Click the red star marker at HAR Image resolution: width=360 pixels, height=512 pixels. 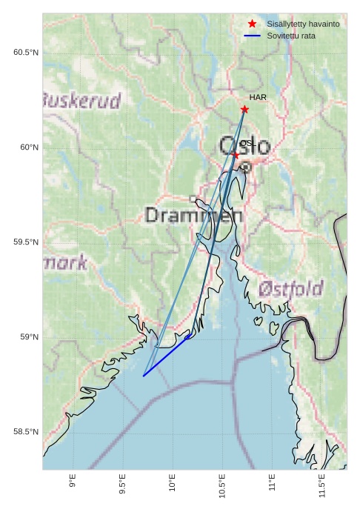(x=244, y=110)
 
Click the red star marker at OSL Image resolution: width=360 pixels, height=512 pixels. (x=236, y=155)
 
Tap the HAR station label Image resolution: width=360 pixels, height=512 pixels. (x=258, y=98)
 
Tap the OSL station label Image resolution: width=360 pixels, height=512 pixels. (x=247, y=142)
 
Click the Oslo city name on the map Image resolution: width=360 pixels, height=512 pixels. (x=244, y=147)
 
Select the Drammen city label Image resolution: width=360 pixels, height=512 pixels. (x=194, y=216)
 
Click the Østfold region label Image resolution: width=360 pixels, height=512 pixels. (x=291, y=287)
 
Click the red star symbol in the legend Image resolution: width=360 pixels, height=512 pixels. (x=252, y=24)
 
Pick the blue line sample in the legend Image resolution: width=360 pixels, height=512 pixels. (x=252, y=36)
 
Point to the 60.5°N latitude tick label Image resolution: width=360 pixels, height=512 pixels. (x=25, y=52)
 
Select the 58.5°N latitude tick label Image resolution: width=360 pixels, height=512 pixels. (x=25, y=432)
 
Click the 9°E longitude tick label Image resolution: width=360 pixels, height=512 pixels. (x=73, y=482)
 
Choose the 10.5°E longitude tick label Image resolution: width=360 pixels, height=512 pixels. (x=222, y=485)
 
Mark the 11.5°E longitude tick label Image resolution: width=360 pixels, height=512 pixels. (x=322, y=485)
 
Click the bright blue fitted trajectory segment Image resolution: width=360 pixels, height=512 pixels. (x=166, y=356)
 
